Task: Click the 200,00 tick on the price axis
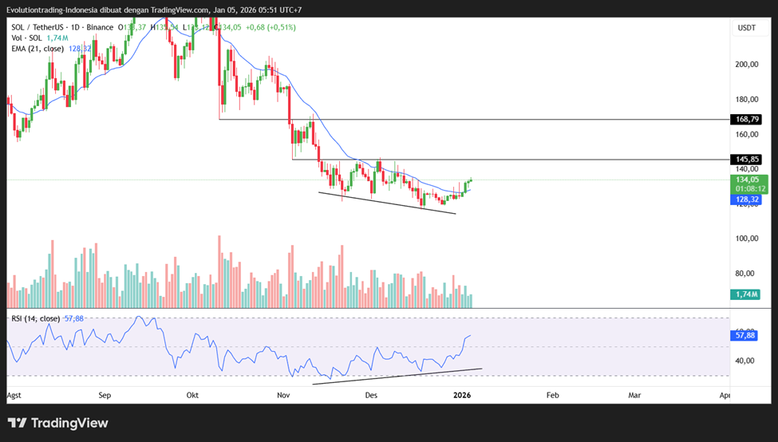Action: point(746,65)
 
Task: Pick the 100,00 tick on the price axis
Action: point(746,239)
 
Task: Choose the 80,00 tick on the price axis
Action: point(746,274)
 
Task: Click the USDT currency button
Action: point(746,28)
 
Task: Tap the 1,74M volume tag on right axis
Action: point(745,294)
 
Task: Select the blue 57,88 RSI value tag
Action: point(745,336)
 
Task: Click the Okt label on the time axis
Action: point(192,395)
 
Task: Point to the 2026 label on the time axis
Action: point(462,395)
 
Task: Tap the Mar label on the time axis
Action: point(635,395)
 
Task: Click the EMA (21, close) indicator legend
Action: point(38,48)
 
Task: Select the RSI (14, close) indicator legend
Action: point(35,318)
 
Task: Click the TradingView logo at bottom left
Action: point(58,423)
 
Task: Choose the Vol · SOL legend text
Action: point(27,37)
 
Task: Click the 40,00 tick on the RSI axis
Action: point(746,361)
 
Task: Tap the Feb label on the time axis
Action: point(551,395)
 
